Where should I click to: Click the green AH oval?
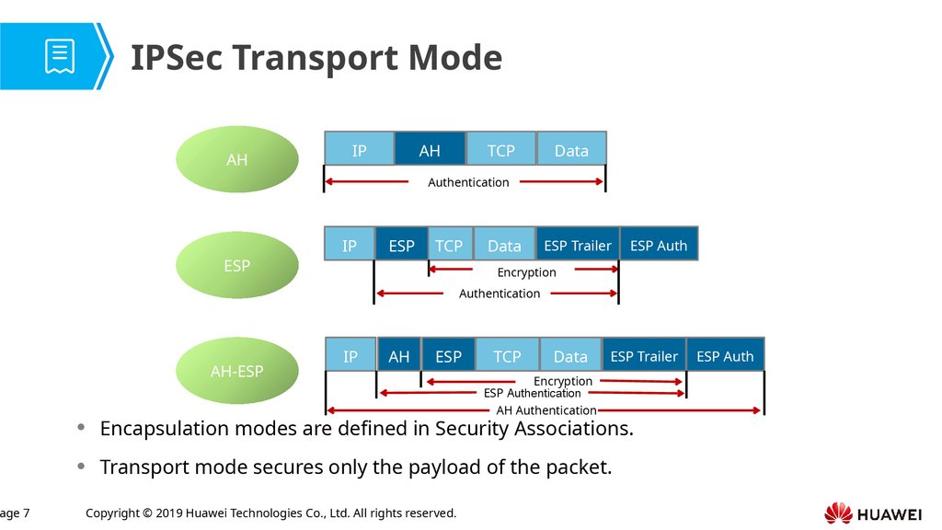pos(237,159)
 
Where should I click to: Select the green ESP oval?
pos(237,266)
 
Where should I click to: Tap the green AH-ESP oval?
pos(237,371)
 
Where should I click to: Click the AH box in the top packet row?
pos(430,150)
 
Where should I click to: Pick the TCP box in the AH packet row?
pos(500,150)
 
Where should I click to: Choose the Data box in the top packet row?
pos(571,150)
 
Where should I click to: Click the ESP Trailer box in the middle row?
pos(578,246)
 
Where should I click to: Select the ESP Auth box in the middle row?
pos(659,246)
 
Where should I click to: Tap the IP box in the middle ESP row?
pos(350,246)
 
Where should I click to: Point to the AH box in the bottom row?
pos(399,356)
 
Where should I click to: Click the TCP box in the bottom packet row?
pos(507,356)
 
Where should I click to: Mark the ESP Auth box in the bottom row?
pos(725,356)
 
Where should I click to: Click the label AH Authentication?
pos(546,410)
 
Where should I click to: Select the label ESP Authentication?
pos(533,393)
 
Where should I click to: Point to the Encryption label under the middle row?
pos(527,272)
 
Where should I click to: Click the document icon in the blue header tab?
pos(60,56)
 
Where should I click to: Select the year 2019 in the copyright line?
pos(173,513)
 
